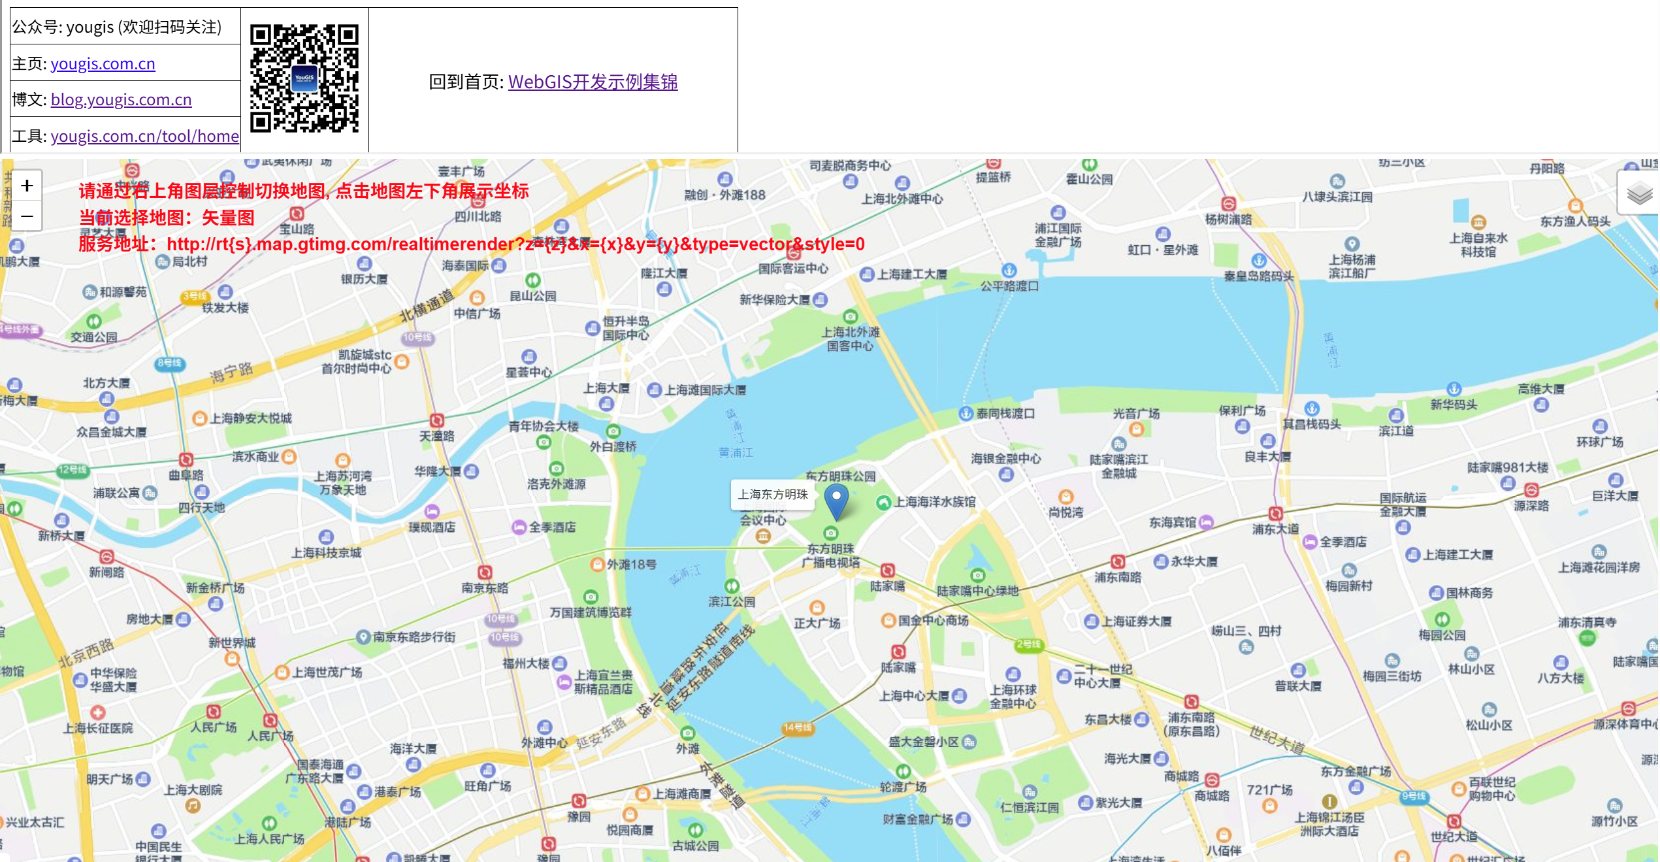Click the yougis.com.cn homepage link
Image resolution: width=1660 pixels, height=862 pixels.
coord(103,63)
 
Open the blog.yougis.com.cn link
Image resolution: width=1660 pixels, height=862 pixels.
coord(121,99)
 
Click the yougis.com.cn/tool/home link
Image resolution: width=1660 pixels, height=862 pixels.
coord(144,136)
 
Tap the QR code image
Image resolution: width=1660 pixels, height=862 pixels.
coord(304,78)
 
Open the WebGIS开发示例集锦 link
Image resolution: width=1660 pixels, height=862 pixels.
coord(593,82)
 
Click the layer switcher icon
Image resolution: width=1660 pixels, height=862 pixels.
coord(1639,193)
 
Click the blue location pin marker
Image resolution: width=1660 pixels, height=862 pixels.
coord(836,500)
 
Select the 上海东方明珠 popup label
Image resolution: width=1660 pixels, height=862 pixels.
coord(773,495)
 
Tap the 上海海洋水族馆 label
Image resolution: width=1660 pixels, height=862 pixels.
coord(934,502)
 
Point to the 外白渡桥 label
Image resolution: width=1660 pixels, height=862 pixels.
coord(613,446)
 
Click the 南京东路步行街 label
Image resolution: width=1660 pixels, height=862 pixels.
coord(414,637)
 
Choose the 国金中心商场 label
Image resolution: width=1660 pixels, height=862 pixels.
coord(933,620)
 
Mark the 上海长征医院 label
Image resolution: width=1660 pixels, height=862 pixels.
coord(98,728)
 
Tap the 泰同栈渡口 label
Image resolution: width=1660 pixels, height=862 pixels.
coord(1005,414)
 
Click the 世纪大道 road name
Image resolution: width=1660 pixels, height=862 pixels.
coord(1277,740)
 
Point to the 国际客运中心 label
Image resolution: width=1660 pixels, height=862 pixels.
coord(793,269)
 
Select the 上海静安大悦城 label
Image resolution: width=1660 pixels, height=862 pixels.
coord(250,418)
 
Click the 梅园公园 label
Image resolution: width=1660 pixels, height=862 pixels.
coord(1442,635)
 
